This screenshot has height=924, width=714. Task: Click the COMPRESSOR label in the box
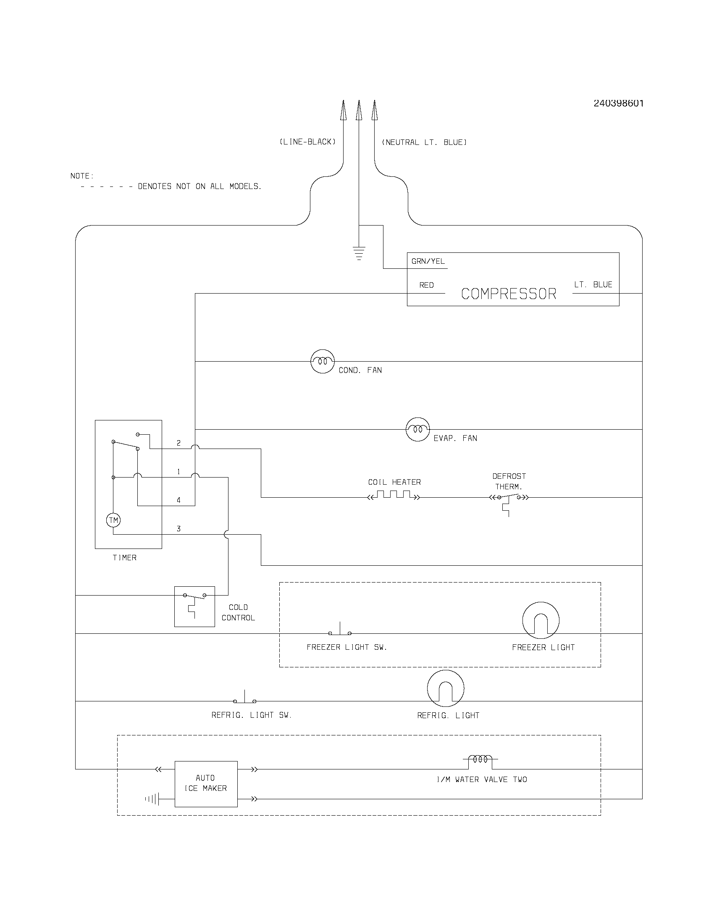point(509,294)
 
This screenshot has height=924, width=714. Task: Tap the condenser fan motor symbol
point(322,361)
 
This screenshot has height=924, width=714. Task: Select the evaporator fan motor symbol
point(417,429)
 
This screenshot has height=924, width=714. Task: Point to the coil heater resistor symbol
point(394,496)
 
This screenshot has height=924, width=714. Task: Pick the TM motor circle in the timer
point(113,520)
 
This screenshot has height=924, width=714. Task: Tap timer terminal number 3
point(178,529)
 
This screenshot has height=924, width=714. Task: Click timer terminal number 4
point(178,500)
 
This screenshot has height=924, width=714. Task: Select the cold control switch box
point(194,606)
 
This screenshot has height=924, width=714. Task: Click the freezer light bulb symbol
point(541,620)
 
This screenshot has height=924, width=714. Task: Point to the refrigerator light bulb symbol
point(445,688)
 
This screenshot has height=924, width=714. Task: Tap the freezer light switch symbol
point(340,630)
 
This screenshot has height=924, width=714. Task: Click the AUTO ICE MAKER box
point(206,784)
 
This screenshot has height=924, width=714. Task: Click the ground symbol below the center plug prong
point(359,253)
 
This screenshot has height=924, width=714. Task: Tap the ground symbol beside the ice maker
point(152,799)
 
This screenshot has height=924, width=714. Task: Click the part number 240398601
point(618,103)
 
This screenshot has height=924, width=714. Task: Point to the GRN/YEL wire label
point(428,262)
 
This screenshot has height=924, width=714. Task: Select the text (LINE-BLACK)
point(307,142)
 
